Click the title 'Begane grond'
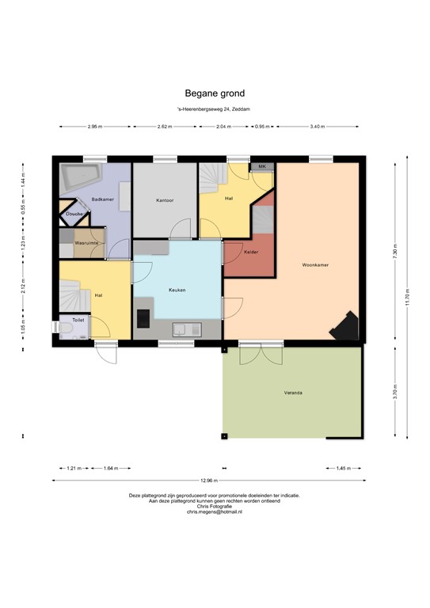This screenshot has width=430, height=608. [x=214, y=92]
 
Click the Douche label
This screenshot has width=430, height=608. [x=74, y=214]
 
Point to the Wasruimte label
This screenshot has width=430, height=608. [x=86, y=242]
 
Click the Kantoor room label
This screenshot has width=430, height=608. [x=165, y=199]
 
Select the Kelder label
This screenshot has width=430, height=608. [x=252, y=252]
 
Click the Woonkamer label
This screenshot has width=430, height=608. [x=315, y=264]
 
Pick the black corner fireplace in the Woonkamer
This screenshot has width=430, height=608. [x=346, y=325]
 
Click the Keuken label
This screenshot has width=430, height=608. [x=177, y=290]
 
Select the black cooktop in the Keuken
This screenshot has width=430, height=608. [x=143, y=317]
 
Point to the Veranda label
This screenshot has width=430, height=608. [x=294, y=393]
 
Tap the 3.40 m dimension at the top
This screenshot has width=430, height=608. [x=317, y=126]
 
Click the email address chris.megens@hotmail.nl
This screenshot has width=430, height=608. [x=214, y=513]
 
